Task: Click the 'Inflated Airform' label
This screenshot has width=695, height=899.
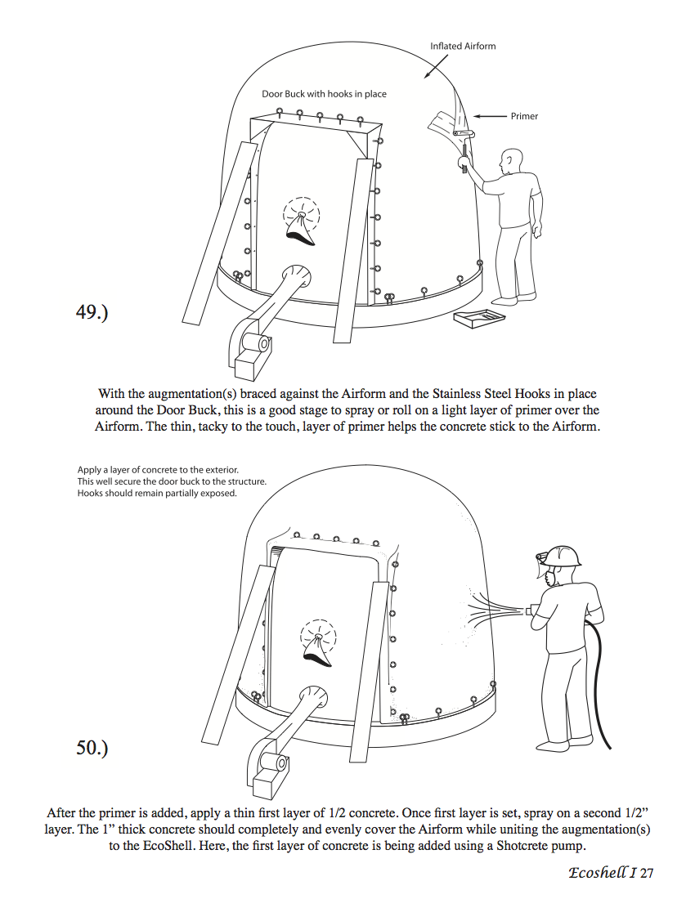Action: [463, 46]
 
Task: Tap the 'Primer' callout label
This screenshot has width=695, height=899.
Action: [524, 116]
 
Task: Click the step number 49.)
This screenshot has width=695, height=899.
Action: [92, 312]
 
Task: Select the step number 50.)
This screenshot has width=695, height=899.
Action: [92, 748]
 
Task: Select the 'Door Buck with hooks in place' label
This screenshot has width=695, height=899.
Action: [324, 94]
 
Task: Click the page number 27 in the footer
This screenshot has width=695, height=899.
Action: [647, 873]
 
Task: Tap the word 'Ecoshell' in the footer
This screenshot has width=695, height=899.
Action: [597, 873]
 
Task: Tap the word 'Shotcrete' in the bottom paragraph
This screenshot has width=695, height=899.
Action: [521, 846]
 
